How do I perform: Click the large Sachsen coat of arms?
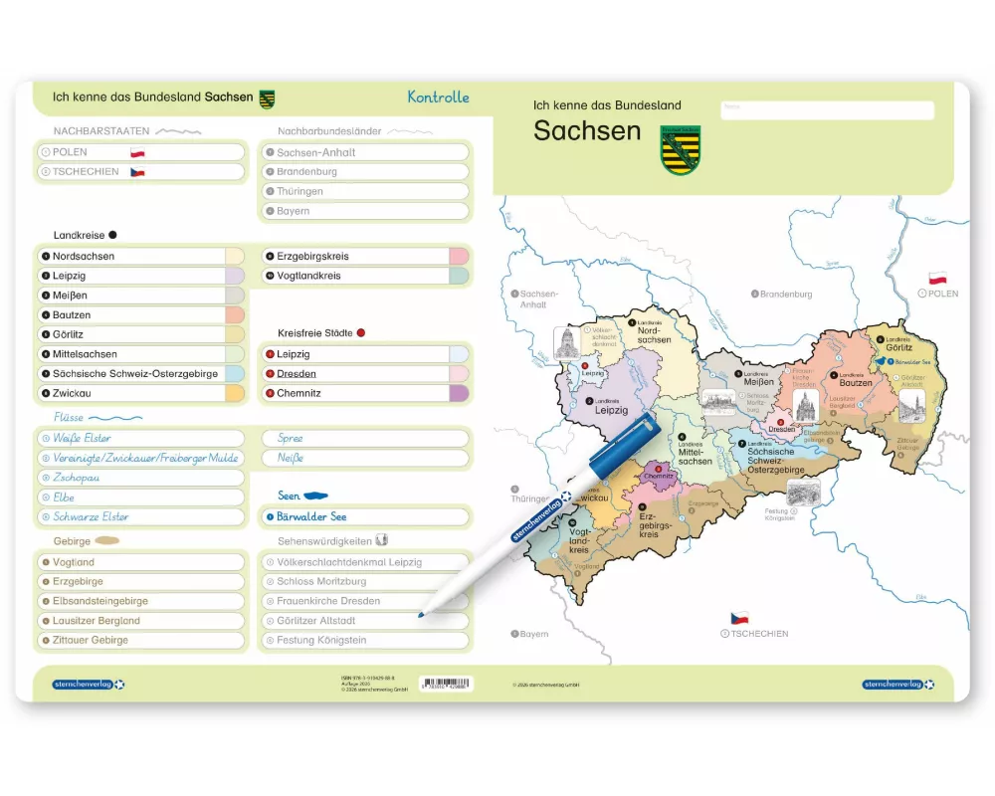click(x=681, y=149)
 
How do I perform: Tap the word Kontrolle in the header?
click(x=438, y=98)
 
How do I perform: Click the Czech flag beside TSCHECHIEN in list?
click(x=137, y=172)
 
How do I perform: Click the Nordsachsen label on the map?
click(x=654, y=334)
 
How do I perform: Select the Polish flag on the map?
click(x=937, y=279)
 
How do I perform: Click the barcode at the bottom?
click(x=446, y=685)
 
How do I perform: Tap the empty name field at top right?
click(x=827, y=109)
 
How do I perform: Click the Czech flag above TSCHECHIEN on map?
click(x=739, y=618)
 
